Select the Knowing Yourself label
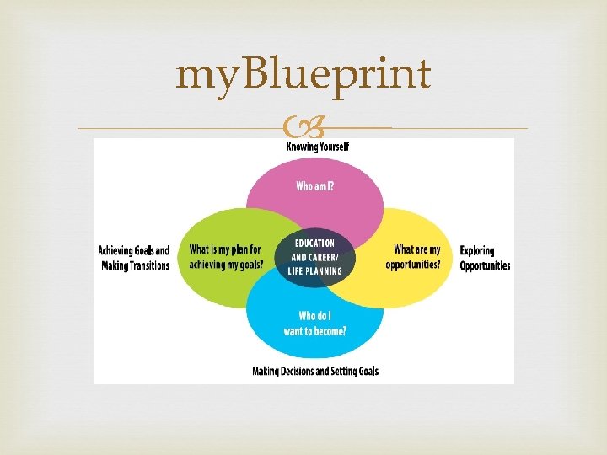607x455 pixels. tap(318, 147)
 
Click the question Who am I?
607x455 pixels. tap(314, 186)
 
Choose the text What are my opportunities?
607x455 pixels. tap(413, 257)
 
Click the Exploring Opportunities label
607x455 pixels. tap(485, 258)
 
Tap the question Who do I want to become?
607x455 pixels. tap(314, 324)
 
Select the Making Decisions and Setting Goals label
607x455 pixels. tap(315, 372)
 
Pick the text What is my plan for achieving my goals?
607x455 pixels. tap(225, 257)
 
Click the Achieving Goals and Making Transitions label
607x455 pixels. tap(133, 258)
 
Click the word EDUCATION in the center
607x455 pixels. tap(314, 244)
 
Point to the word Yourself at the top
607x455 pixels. tap(331, 147)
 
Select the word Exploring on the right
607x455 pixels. tap(477, 250)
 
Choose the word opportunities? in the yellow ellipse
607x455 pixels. tap(413, 265)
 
